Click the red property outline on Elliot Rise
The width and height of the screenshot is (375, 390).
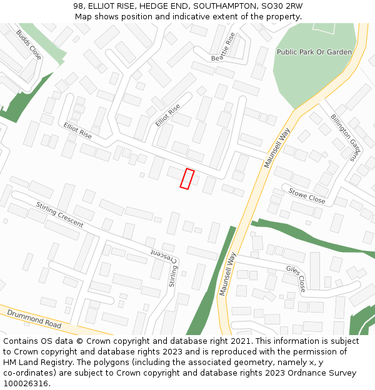187,178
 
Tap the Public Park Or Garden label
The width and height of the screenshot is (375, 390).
314,52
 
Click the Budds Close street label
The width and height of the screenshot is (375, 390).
29,45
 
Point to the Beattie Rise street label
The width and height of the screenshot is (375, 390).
225,47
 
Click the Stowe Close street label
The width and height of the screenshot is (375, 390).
306,197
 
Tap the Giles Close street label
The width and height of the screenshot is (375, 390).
296,278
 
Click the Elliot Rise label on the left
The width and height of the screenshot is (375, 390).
77,130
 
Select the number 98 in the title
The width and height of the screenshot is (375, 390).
78,6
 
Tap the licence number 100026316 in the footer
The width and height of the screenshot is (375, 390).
26,383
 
